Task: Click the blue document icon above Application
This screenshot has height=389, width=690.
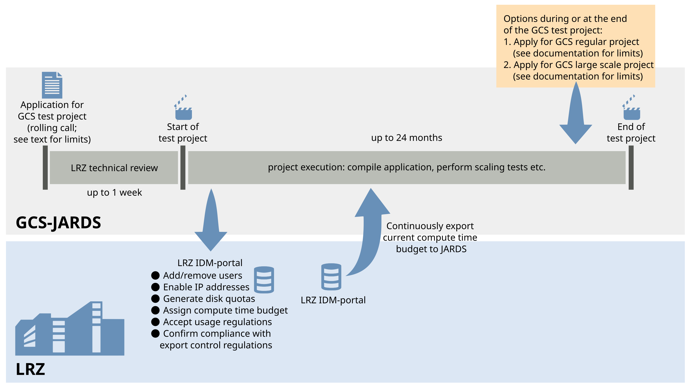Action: point(52,85)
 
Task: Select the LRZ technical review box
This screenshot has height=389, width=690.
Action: point(114,168)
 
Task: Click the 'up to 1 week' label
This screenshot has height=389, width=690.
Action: point(114,192)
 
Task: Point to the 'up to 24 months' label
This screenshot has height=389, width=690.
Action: point(406,138)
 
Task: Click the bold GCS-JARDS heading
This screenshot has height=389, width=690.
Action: point(58,222)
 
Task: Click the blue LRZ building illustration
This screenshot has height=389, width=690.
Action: point(70,331)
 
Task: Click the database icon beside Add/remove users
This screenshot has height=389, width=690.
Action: point(264,280)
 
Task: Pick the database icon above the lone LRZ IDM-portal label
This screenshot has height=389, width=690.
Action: point(331,277)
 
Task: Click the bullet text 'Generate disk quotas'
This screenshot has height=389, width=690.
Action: point(209,299)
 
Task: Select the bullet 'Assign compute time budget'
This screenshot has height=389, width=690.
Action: point(225,310)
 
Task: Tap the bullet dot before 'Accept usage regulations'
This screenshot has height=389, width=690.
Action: point(155,322)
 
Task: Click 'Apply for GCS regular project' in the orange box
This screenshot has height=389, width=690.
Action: point(576,42)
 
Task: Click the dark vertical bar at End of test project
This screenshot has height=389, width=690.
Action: point(631,167)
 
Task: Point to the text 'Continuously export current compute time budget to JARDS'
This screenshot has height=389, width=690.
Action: point(430,237)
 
